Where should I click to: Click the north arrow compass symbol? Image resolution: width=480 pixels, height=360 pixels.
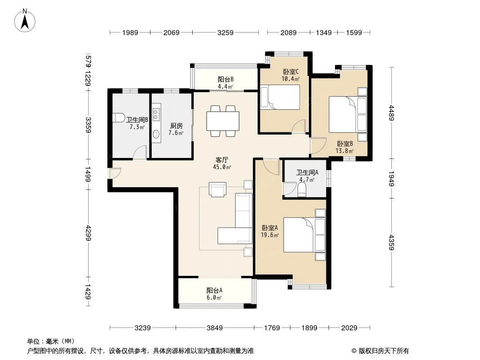click(x=25, y=21)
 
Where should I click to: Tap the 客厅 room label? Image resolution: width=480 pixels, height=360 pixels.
click(x=222, y=160)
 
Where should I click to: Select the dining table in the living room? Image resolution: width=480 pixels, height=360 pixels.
click(x=223, y=121)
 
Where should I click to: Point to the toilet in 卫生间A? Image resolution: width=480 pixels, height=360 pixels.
click(x=302, y=189)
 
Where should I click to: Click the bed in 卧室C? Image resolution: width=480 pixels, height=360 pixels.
click(x=280, y=97)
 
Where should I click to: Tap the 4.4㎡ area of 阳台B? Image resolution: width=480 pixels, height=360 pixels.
click(x=225, y=86)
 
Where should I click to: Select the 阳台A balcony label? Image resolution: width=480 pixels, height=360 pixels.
click(x=214, y=290)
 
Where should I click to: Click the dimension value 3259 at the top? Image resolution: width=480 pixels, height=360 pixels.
click(x=225, y=32)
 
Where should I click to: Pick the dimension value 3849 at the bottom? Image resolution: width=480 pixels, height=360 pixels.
click(x=215, y=328)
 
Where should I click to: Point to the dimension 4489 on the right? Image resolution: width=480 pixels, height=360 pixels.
click(x=391, y=112)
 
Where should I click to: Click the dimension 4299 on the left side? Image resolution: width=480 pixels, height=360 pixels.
click(x=88, y=233)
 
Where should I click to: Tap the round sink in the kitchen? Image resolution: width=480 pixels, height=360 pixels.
click(x=156, y=134)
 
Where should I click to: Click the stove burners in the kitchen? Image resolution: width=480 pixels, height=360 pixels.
click(x=155, y=115)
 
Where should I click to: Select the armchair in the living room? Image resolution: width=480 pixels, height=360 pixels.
click(x=217, y=189)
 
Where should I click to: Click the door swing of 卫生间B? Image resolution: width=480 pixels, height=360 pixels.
click(x=140, y=152)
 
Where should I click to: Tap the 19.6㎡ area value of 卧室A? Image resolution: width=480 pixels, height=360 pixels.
click(x=270, y=235)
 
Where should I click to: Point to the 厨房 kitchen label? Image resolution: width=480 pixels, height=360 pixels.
click(x=177, y=126)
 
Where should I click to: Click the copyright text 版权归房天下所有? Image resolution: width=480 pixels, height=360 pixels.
click(x=384, y=351)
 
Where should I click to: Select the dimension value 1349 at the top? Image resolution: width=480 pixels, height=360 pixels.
click(x=324, y=32)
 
